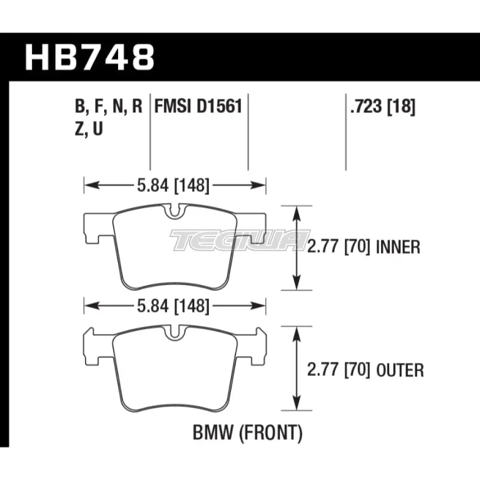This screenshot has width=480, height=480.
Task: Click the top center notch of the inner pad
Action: pos(175,211)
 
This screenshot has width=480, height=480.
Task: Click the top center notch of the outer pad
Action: pos(175,332)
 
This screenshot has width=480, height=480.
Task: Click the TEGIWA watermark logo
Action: pos(240,240)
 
